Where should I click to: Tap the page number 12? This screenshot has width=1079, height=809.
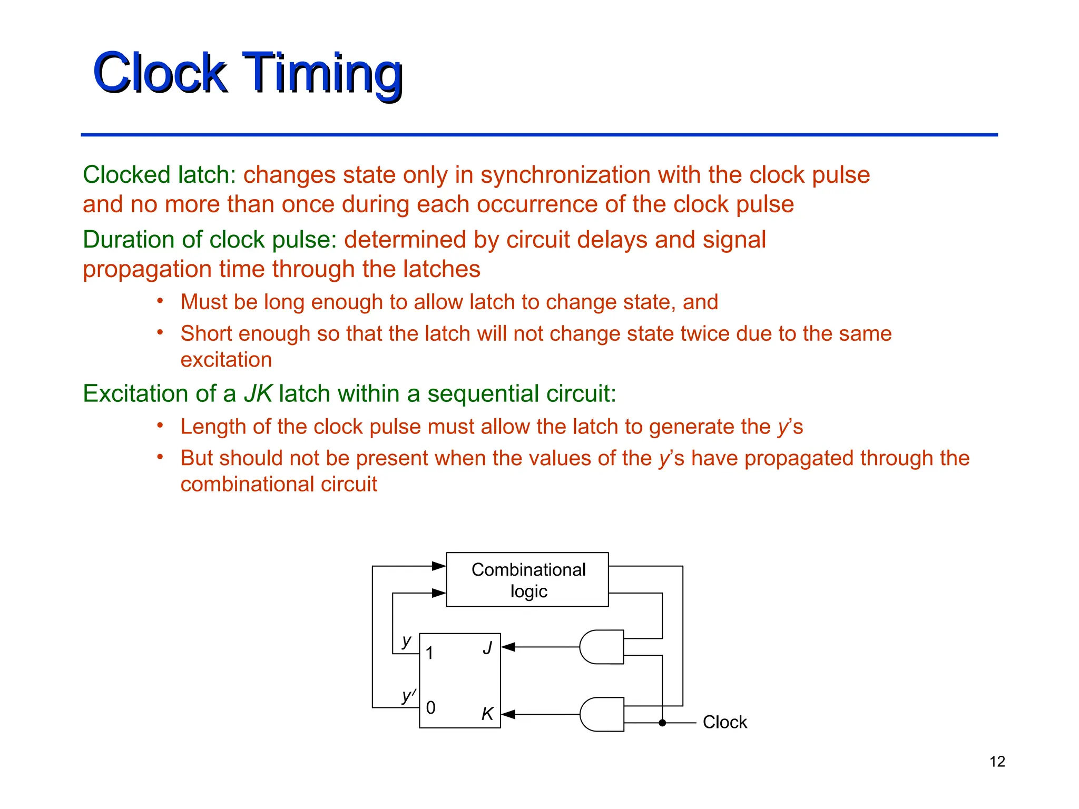point(997,762)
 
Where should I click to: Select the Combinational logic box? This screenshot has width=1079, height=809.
point(527,579)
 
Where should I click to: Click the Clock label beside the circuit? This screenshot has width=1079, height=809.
point(724,722)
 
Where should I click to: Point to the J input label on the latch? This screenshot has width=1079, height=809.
point(487,647)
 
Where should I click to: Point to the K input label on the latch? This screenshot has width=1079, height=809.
point(487,714)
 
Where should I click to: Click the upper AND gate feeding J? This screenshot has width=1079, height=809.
point(601,647)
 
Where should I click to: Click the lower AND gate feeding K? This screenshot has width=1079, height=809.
point(601,714)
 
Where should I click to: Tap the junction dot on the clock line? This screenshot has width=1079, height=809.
point(662,723)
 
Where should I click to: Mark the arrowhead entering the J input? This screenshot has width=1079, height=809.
point(508,647)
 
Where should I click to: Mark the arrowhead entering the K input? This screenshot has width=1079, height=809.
point(508,714)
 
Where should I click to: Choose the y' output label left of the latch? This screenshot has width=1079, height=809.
point(408,696)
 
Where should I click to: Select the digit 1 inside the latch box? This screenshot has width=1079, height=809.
point(430,653)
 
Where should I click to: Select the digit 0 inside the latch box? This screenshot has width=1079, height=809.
point(430,707)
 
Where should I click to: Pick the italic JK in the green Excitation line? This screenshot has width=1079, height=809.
point(258,393)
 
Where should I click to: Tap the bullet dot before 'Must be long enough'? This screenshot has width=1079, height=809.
point(160,301)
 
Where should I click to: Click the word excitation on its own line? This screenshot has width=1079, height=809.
point(226,360)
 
